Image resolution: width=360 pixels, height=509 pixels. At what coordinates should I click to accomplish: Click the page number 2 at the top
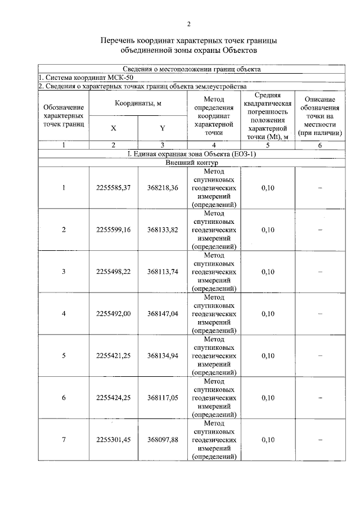point(189,24)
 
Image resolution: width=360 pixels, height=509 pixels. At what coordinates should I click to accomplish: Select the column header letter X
point(113,128)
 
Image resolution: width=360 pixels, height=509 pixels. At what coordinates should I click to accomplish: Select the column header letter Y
point(162,128)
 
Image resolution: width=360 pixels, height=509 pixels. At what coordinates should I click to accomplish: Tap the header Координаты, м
point(138,103)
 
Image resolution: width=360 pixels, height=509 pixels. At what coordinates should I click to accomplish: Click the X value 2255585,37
point(113,188)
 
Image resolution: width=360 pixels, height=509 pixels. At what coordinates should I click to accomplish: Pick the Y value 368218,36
point(163,188)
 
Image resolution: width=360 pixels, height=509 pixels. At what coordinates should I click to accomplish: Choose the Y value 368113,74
point(163,272)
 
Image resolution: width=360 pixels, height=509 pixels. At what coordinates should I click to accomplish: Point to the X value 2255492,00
point(113,314)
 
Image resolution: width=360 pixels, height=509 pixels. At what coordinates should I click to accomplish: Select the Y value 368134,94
point(163,355)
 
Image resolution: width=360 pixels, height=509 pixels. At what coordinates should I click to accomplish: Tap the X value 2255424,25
point(113,398)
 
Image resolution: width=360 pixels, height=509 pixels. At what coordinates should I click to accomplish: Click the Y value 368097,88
point(163,439)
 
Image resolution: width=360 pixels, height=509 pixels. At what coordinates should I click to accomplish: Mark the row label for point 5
point(64,355)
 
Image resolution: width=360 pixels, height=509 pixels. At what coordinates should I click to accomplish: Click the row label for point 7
point(64,439)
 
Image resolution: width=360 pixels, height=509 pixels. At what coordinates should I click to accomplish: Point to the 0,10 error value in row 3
point(268,272)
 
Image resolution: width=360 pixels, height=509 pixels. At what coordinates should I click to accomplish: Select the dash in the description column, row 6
point(319,398)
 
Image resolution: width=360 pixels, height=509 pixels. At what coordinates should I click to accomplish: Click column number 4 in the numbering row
point(214,145)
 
